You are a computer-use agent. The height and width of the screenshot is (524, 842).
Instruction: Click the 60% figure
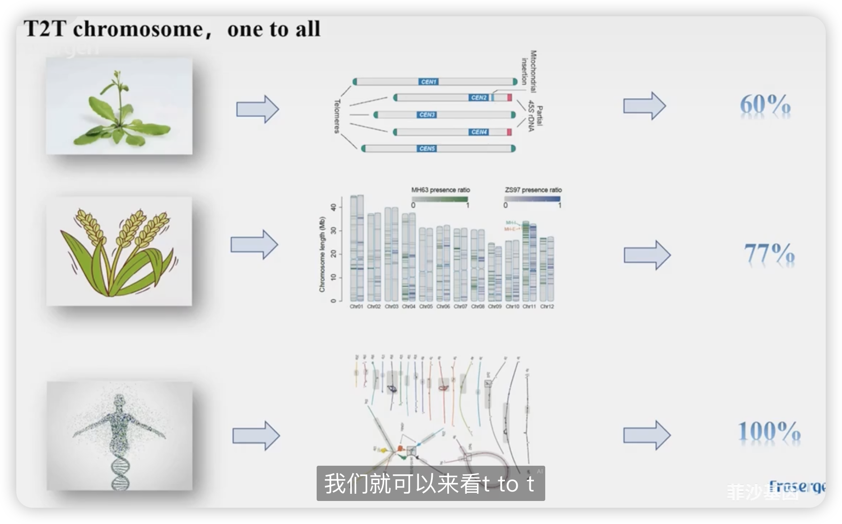[x=765, y=105]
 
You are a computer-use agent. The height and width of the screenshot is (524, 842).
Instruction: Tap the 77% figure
[x=769, y=254]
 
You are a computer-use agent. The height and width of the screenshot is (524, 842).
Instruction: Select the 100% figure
[x=769, y=432]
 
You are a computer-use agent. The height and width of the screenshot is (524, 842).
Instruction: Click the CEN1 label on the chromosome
[x=428, y=82]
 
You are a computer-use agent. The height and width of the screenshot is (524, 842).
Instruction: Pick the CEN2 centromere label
[x=479, y=98]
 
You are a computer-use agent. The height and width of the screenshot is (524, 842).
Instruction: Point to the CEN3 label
[x=427, y=115]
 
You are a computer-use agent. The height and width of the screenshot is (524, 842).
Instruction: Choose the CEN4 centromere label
[x=479, y=132]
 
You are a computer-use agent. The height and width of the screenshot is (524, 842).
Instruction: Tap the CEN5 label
[x=427, y=149]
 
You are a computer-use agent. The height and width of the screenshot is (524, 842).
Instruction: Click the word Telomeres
[x=337, y=116]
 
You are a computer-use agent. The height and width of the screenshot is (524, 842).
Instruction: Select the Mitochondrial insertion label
[x=529, y=70]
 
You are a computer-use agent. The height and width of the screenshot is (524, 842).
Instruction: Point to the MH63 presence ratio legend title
[x=440, y=190]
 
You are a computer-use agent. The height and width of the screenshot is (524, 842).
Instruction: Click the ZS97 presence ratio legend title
[x=533, y=190]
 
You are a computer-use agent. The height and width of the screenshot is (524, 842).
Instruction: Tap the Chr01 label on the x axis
[x=356, y=307]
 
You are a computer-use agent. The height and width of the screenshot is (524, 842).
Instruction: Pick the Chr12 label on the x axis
[x=547, y=307]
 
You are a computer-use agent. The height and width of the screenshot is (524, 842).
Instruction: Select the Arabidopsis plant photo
[x=119, y=106]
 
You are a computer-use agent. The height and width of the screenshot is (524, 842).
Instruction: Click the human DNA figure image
[x=119, y=435]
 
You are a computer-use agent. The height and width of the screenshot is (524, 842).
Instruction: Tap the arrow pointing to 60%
[x=644, y=106]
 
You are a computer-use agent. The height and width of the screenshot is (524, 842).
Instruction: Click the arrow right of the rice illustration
[x=254, y=245]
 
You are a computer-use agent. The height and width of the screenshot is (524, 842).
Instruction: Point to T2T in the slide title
[x=45, y=29]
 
